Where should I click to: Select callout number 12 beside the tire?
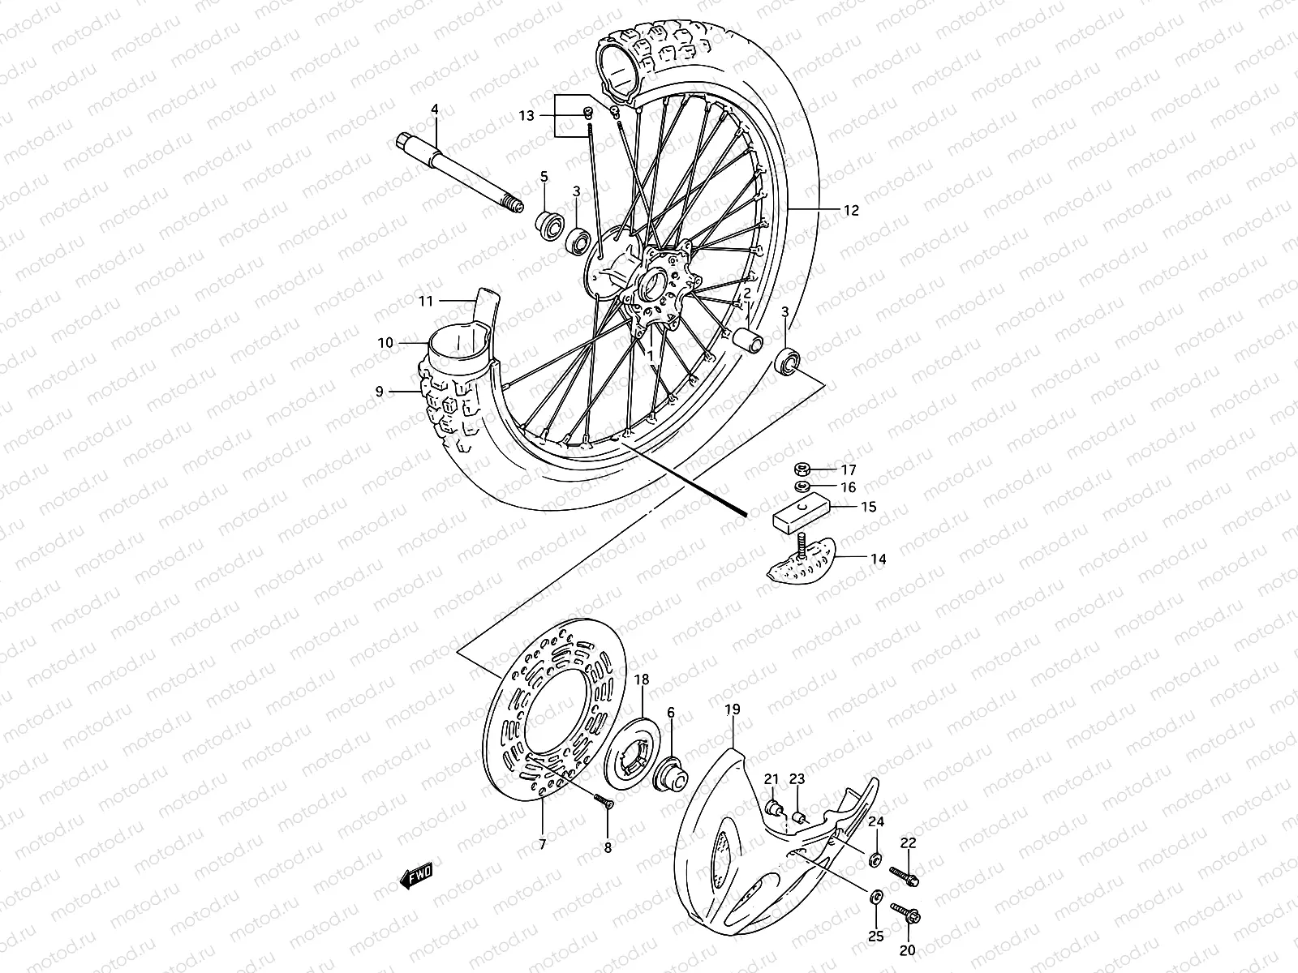tap(850, 211)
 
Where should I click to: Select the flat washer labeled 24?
tap(876, 857)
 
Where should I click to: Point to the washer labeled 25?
tap(876, 896)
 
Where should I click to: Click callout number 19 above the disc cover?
tap(732, 709)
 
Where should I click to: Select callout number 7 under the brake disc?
tap(542, 845)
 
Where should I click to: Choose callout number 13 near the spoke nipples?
tap(527, 116)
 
